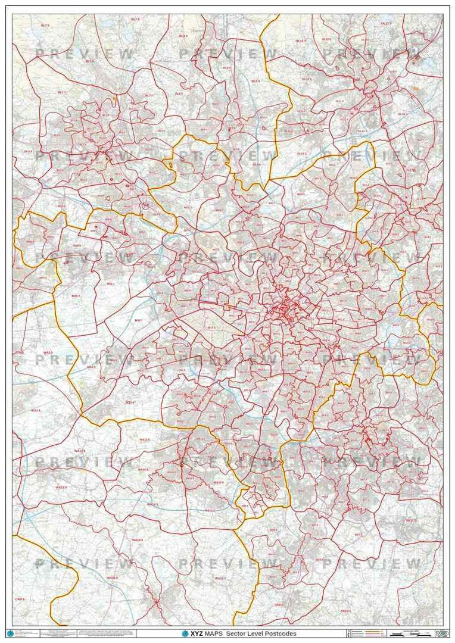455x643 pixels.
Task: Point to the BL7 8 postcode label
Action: [x=89, y=61]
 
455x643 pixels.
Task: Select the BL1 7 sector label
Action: [x=61, y=92]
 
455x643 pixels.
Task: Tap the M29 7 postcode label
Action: [x=76, y=295]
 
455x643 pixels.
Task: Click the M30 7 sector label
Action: [x=138, y=320]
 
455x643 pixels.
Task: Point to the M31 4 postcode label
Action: [x=130, y=402]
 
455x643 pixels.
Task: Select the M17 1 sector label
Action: [x=211, y=327]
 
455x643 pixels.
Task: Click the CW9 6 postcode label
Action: [x=19, y=599]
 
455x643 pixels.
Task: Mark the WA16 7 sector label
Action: [x=220, y=578]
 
